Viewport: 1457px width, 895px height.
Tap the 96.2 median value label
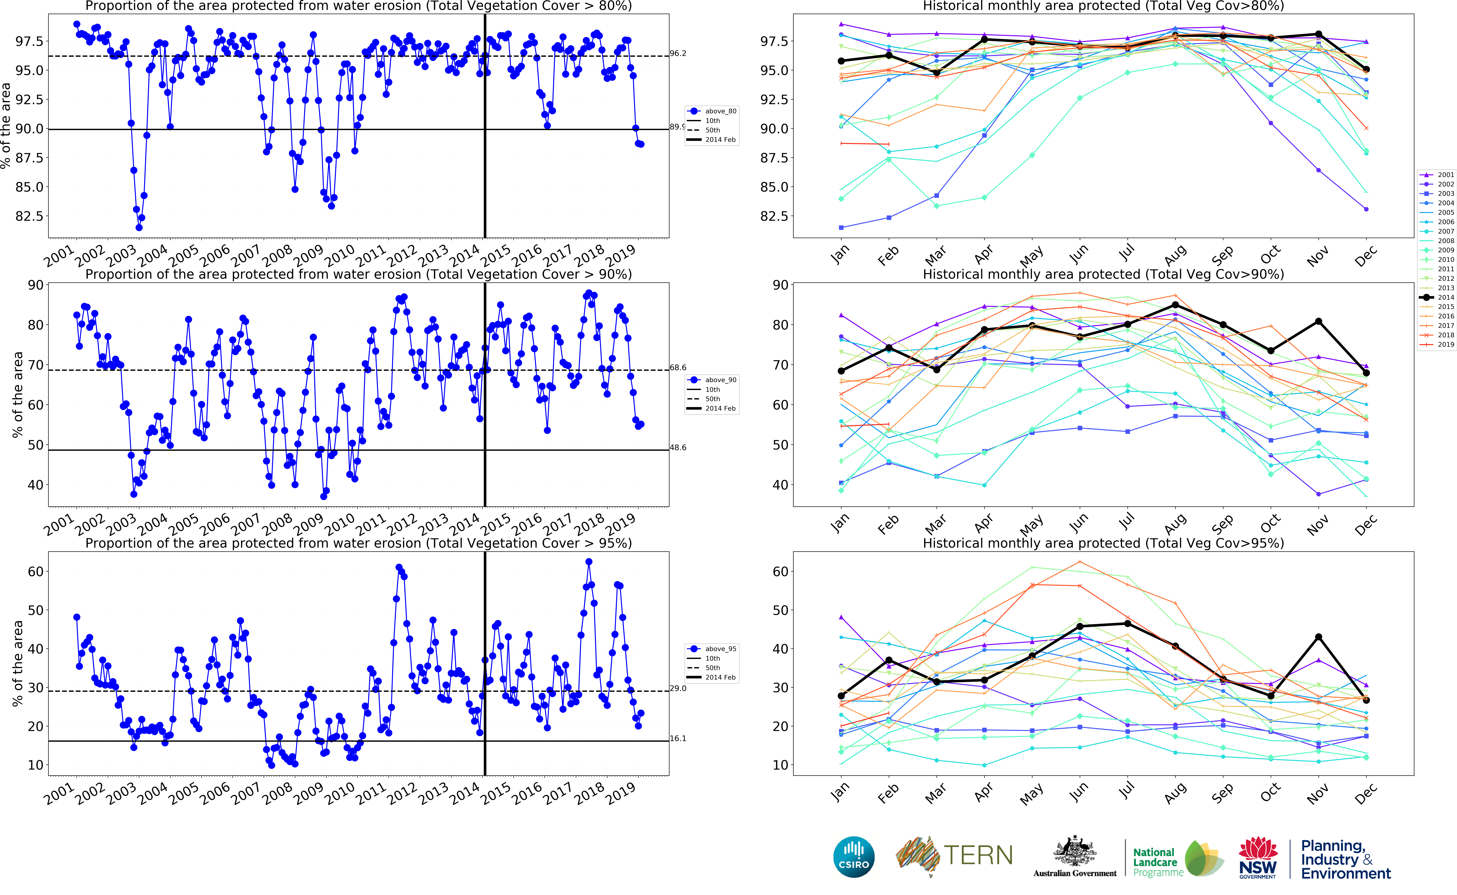678,53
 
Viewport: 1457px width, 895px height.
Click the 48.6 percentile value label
678,447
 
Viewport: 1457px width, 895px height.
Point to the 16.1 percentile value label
678,739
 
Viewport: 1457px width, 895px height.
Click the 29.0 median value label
678,688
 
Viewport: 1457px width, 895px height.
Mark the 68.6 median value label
678,368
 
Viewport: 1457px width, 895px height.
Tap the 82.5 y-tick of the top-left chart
30,216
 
